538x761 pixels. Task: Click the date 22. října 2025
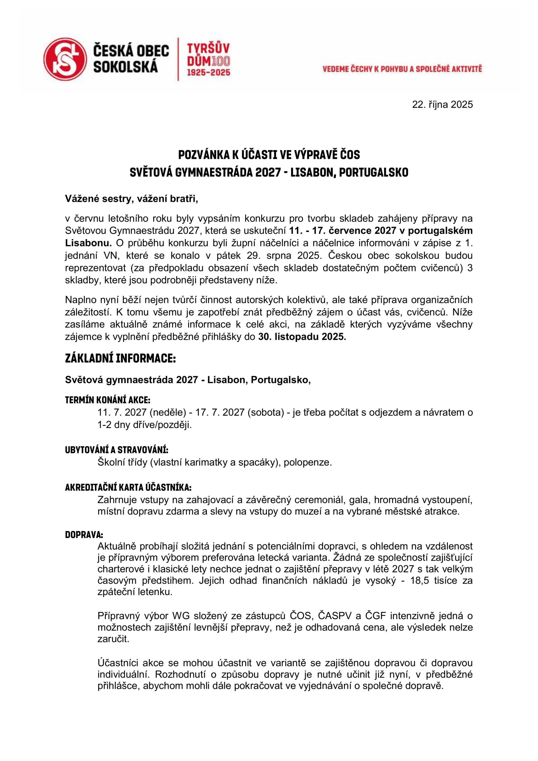[442, 105]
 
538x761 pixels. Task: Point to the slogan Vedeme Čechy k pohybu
[402, 69]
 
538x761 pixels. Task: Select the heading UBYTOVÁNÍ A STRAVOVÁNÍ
[117, 450]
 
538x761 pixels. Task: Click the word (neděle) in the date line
[167, 413]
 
